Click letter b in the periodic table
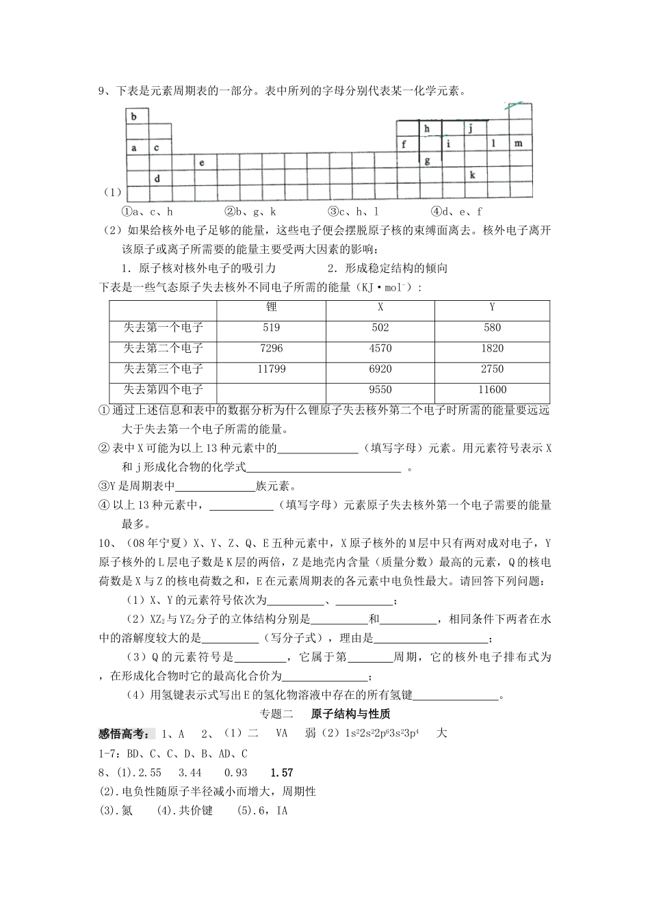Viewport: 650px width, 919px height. (x=134, y=117)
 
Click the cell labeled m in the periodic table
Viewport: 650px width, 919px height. (x=518, y=144)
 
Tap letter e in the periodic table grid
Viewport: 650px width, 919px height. (x=202, y=163)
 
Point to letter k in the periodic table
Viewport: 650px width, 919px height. (x=472, y=174)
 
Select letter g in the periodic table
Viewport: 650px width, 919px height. (x=427, y=161)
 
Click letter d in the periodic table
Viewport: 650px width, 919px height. (x=157, y=178)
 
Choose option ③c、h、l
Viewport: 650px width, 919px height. (x=353, y=212)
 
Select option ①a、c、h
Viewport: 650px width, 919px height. (x=147, y=212)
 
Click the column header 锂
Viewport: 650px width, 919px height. (x=272, y=308)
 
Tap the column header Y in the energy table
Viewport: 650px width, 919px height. (x=492, y=308)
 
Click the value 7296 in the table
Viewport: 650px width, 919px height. (x=272, y=349)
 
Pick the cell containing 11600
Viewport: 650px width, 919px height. (x=492, y=390)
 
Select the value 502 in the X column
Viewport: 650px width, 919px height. (x=380, y=328)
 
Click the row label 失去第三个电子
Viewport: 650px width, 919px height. (x=164, y=369)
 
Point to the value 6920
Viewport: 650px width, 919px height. (x=380, y=369)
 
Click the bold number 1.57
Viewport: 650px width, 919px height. (x=282, y=773)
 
